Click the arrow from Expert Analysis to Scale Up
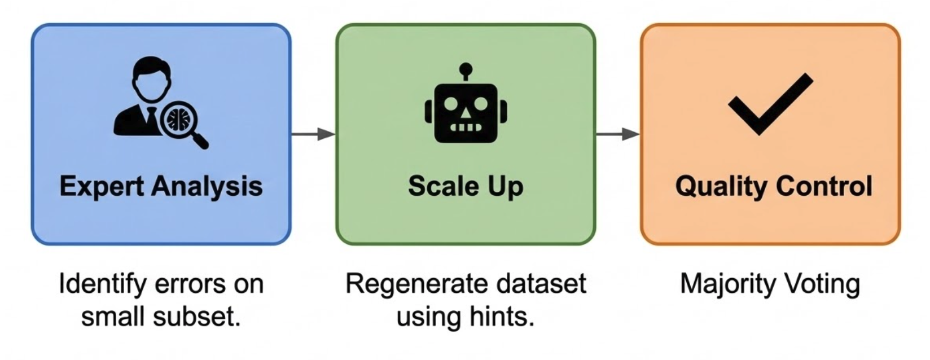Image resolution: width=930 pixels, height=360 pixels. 313,134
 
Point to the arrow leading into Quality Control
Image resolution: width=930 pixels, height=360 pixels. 618,134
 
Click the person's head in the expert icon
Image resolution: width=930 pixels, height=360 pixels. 149,79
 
